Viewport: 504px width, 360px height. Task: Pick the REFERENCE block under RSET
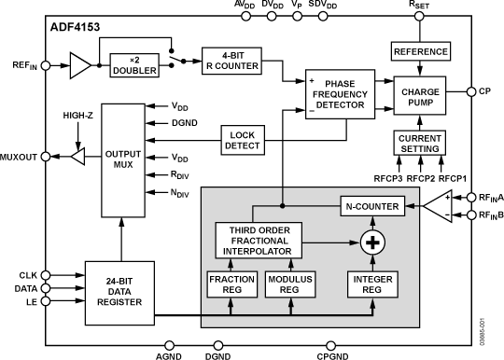(421, 51)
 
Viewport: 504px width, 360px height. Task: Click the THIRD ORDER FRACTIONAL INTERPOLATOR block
(254, 242)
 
